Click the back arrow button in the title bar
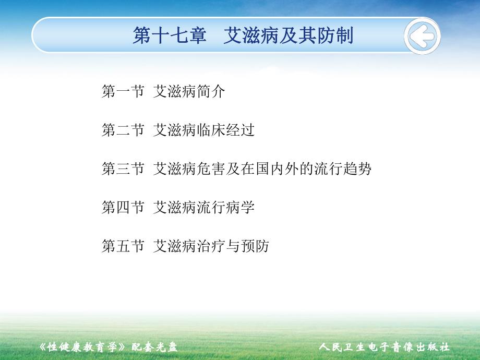pos(422,37)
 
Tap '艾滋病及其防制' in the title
pos(288,36)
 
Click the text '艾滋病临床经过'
pos(203,130)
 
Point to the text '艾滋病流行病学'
pos(203,208)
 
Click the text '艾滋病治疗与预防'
pos(211,246)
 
